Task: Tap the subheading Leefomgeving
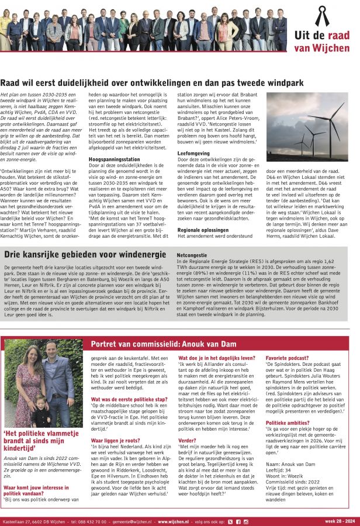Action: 193,153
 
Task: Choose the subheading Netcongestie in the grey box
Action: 192,255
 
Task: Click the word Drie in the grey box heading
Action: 14,254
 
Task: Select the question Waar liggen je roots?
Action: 115,440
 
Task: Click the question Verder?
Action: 188,440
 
